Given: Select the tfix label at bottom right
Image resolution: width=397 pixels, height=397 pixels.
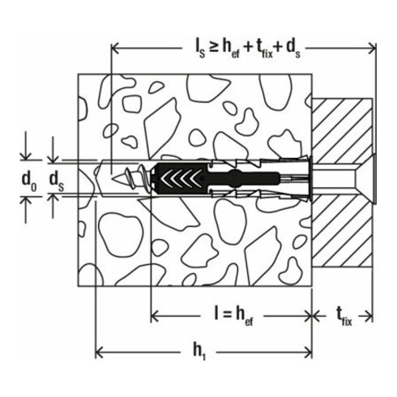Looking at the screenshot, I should (x=345, y=314).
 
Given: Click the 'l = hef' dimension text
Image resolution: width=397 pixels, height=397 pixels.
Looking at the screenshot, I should (x=232, y=314).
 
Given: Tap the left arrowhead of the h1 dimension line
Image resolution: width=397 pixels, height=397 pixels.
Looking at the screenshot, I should (x=101, y=352).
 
